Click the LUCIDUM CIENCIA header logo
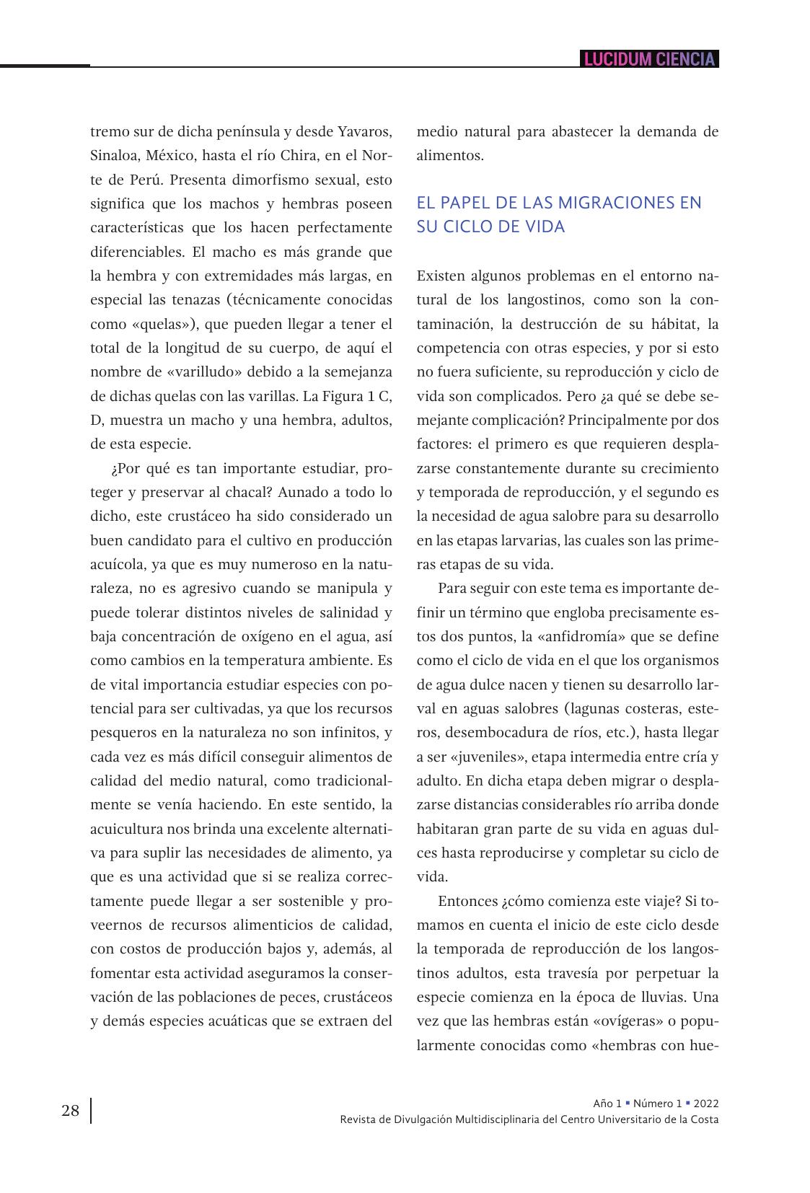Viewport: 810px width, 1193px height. [649, 59]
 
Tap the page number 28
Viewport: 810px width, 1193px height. [71, 1111]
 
